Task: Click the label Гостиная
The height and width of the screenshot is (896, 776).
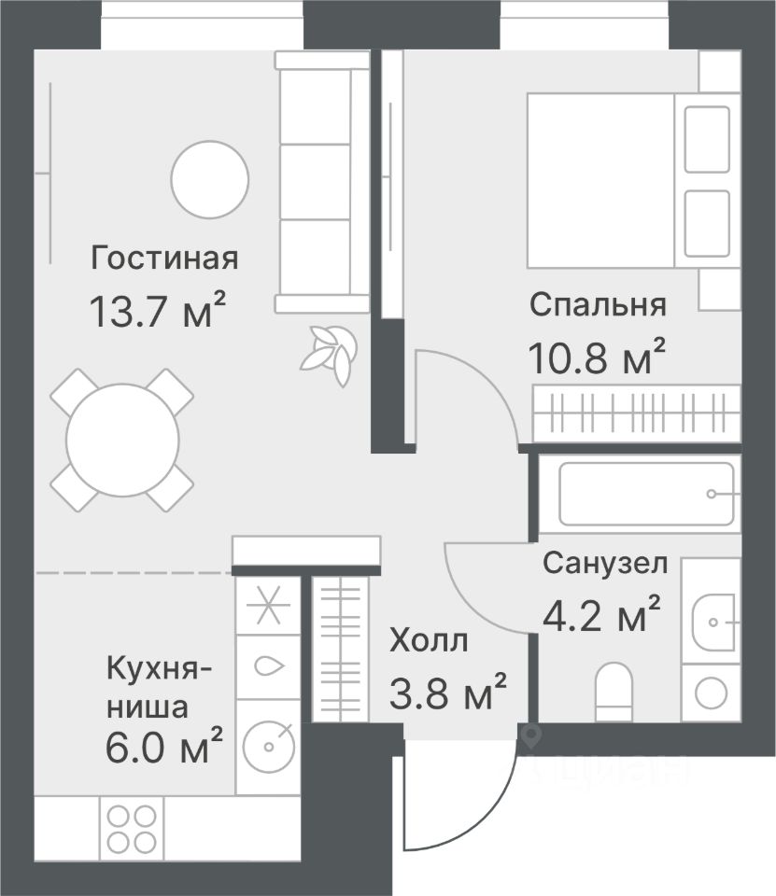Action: coord(164,259)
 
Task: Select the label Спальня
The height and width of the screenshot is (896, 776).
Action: coord(598,305)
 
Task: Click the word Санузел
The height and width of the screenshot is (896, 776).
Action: coord(605,563)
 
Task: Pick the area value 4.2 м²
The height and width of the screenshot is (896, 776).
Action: coord(601,614)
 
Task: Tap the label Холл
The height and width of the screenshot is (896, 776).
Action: coord(429,640)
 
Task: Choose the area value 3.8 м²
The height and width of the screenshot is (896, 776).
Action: coord(447,691)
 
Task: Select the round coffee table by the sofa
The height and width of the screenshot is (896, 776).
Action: coord(210,179)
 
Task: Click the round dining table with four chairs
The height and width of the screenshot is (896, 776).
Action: coord(122,440)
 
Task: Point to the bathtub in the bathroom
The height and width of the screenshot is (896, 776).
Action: coord(645,494)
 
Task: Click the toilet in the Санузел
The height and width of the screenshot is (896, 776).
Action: coord(614,692)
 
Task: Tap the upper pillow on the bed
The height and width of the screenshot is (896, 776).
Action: coord(707,139)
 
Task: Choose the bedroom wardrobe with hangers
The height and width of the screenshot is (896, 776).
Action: coord(637,413)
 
